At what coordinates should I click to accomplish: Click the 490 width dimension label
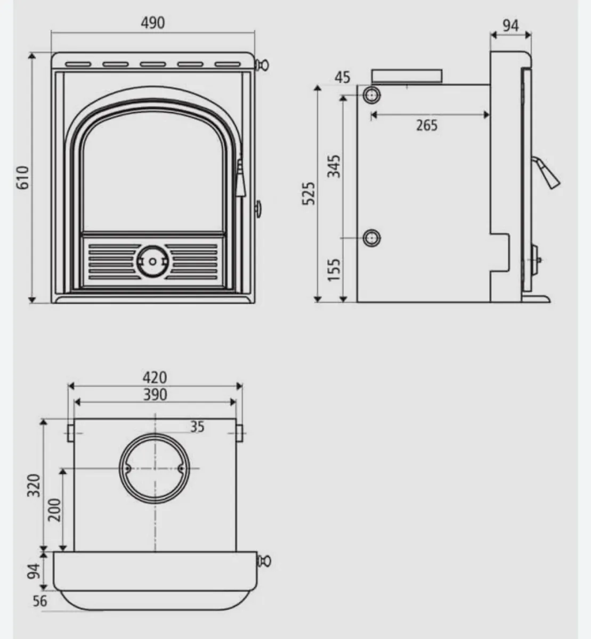pos(153,23)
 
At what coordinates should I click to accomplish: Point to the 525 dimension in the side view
pos(309,193)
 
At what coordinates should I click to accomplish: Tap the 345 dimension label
pos(334,167)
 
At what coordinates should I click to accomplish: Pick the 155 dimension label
pos(334,270)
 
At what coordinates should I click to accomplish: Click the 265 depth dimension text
pos(427,125)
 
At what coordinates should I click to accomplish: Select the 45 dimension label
pos(343,78)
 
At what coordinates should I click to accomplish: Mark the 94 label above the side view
pos(511,26)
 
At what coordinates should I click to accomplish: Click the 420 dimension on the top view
pos(155,378)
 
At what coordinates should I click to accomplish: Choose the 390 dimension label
pos(155,395)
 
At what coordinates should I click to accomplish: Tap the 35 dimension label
pos(198,427)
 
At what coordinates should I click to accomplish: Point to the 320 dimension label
pos(34,485)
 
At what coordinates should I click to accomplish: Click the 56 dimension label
pos(40,601)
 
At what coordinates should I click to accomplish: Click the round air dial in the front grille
pos(152,261)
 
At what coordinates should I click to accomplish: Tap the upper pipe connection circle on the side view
pos(371,96)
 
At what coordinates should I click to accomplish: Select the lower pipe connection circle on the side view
pos(371,238)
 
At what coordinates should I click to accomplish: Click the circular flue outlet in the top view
pos(155,469)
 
